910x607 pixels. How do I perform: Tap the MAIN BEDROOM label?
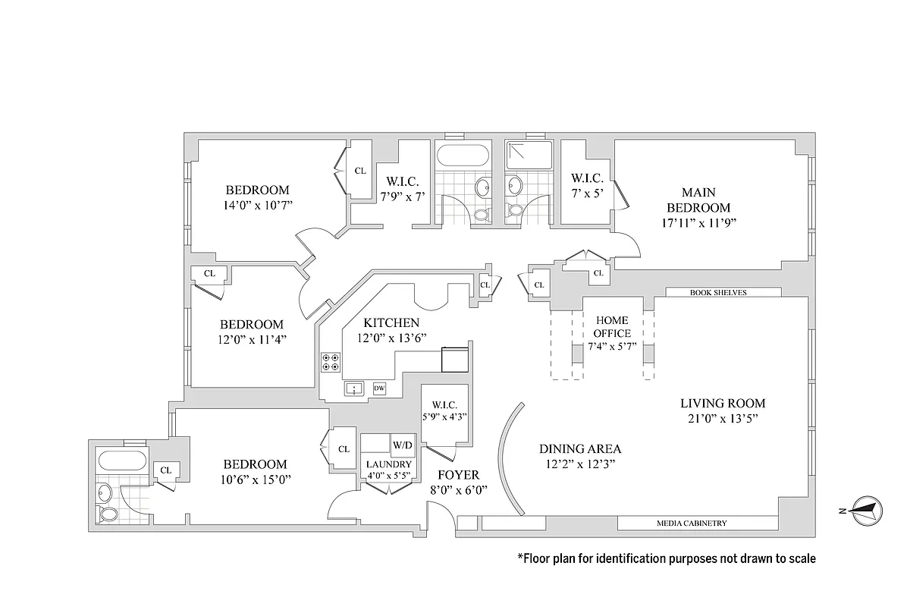(x=698, y=200)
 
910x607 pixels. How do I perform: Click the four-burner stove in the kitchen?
(x=330, y=362)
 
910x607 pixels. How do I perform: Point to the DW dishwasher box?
(x=379, y=388)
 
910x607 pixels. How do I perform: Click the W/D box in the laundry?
(x=401, y=445)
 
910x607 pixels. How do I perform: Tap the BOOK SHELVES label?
(x=723, y=292)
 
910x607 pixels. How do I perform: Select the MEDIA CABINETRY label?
(x=692, y=523)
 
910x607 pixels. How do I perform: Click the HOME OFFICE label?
(x=611, y=327)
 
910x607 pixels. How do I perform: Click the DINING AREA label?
(x=579, y=448)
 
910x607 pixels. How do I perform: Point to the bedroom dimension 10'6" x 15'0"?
(x=255, y=479)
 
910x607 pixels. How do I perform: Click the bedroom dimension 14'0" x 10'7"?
(x=257, y=205)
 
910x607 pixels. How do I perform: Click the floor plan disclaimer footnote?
(x=667, y=559)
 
